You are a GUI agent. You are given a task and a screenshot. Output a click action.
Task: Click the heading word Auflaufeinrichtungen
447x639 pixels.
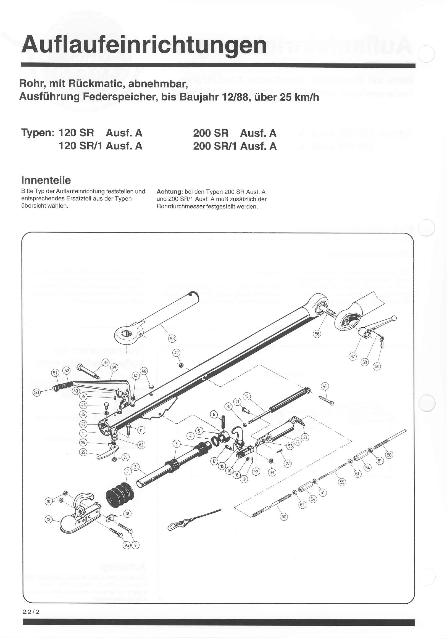pos(144,45)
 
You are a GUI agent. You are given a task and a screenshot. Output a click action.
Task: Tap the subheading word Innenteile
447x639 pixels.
pos(46,180)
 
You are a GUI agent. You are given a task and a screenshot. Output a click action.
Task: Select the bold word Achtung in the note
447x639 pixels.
pos(169,192)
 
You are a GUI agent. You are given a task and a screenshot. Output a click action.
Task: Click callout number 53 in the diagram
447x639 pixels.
pos(172,338)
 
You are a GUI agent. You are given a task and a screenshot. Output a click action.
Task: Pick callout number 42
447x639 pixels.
pos(176,353)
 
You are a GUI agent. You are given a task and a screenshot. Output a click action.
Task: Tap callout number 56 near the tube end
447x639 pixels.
pos(317,334)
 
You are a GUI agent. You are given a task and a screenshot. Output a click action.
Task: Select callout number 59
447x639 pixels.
pos(377,367)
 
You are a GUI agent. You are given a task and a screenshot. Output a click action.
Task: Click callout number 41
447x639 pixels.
pos(325,386)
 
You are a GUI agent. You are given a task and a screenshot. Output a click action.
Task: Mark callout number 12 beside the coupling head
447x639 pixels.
pos(48,519)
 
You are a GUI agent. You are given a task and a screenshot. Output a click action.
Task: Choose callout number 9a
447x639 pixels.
pos(127,545)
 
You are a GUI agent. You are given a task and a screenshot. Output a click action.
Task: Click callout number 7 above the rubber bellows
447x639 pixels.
pos(128,471)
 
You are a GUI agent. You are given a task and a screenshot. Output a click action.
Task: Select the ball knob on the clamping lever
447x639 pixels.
pos(394,318)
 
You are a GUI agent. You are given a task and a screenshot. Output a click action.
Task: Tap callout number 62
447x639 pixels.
pos(141,444)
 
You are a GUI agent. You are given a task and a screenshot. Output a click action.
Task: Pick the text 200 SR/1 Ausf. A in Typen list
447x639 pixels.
pos(235,146)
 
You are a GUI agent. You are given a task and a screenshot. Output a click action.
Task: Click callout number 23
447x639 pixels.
pos(305,437)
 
